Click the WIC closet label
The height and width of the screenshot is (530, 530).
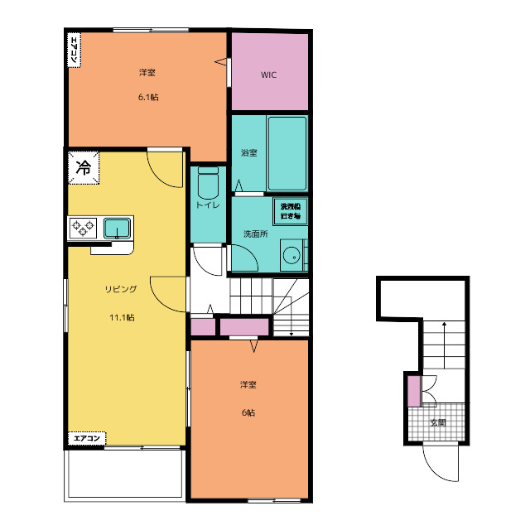pos(268,75)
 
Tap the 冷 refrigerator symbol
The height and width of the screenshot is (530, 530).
pos(84,167)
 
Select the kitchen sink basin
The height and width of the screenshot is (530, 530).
pos(117,229)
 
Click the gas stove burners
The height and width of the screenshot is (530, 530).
pos(83,228)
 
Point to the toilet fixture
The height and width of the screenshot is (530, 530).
pos(208,182)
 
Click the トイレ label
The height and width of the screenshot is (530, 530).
pos(208,205)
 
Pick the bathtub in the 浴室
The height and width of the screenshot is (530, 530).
pos(287,154)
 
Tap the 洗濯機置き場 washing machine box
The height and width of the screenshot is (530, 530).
pos(291,211)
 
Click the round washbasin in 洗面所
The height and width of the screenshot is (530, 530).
pos(291,257)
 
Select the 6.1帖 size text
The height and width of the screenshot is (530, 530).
pos(148,98)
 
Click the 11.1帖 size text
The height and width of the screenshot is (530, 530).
pos(122,318)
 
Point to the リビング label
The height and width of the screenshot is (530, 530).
pos(121,289)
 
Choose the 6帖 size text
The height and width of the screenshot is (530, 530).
pos(248,412)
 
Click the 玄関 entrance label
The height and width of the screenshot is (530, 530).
pos(438,422)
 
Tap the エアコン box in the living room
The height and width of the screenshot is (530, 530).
pos(87,438)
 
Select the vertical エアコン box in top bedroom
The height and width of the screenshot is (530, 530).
pos(75,50)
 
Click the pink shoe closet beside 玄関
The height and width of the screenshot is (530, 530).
pos(414,391)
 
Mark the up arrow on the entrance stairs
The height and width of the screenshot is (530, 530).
pos(444,345)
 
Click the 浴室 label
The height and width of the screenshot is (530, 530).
pos(249,152)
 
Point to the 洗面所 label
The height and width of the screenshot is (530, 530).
pos(256,234)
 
